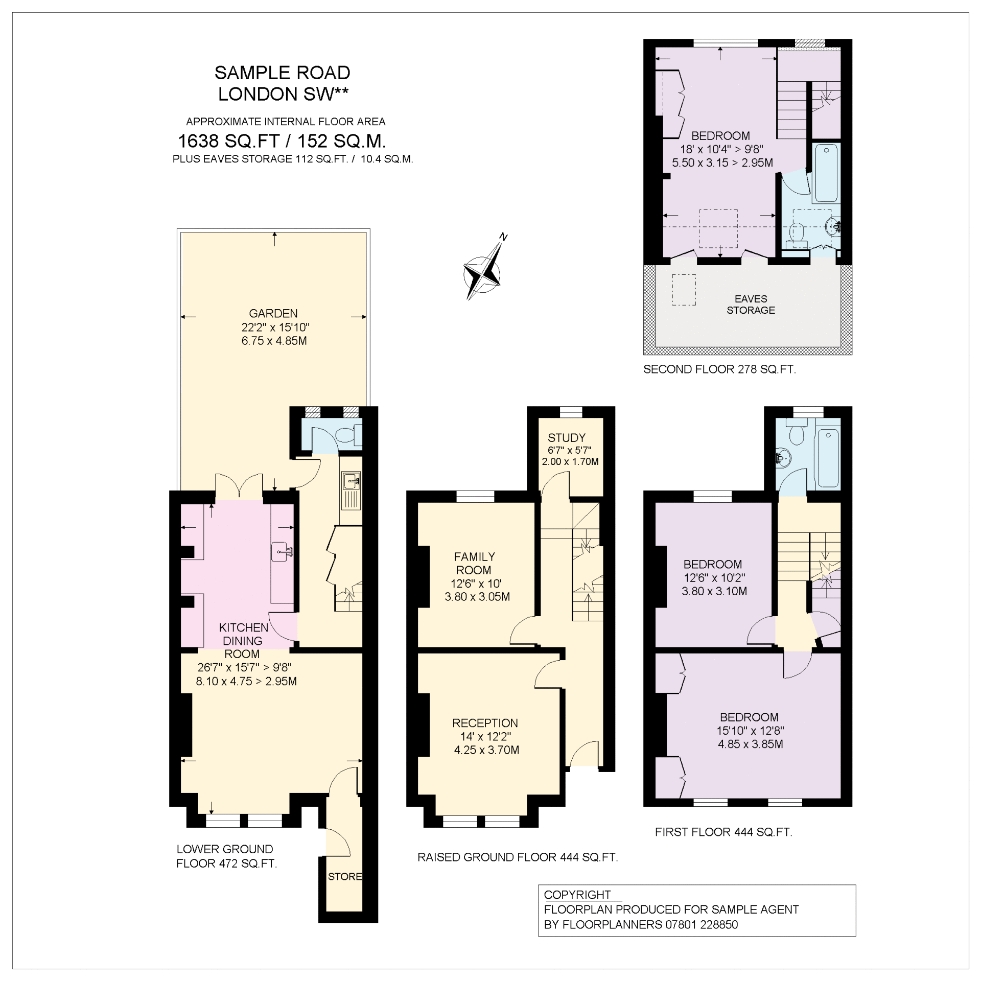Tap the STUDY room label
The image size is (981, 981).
point(566,438)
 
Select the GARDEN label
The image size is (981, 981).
point(273,313)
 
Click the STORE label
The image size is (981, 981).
point(345,876)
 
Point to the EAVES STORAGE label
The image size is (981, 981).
point(751,305)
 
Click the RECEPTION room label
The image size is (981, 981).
point(485,723)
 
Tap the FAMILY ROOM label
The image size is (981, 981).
point(474,563)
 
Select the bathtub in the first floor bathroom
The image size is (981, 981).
point(828,458)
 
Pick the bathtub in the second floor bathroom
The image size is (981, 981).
point(826,173)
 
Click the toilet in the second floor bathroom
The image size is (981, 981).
point(797,235)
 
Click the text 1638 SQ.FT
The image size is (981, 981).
point(228,141)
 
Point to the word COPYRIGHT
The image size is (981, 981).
point(577,895)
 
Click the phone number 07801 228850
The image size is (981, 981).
point(702,924)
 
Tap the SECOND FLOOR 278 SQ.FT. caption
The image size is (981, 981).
point(719,369)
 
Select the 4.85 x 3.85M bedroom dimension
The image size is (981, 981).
point(750,744)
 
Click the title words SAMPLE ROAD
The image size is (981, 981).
point(282,73)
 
